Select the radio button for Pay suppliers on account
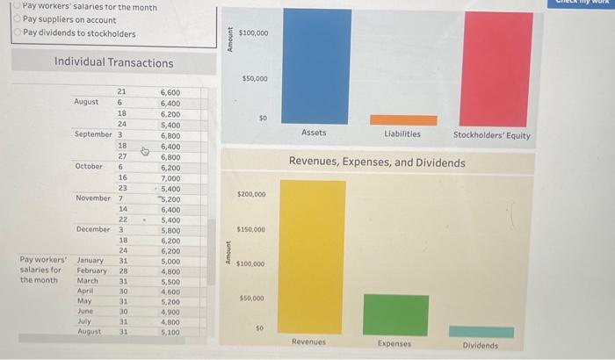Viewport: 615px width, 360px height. click(x=18, y=19)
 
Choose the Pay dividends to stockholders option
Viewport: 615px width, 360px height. click(x=18, y=33)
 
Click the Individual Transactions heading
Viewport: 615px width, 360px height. click(x=113, y=62)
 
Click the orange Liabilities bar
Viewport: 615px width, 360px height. click(x=402, y=119)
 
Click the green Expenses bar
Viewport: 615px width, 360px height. click(x=395, y=314)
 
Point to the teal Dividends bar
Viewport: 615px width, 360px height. click(x=481, y=332)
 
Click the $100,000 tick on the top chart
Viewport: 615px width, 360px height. click(x=253, y=33)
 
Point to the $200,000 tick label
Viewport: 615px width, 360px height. click(x=252, y=194)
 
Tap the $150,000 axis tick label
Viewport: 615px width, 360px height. click(x=252, y=229)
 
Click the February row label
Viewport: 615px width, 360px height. click(x=90, y=270)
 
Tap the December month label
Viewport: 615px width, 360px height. click(x=93, y=229)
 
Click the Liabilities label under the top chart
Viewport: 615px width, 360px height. click(x=402, y=133)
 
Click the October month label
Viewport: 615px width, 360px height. click(x=90, y=166)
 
